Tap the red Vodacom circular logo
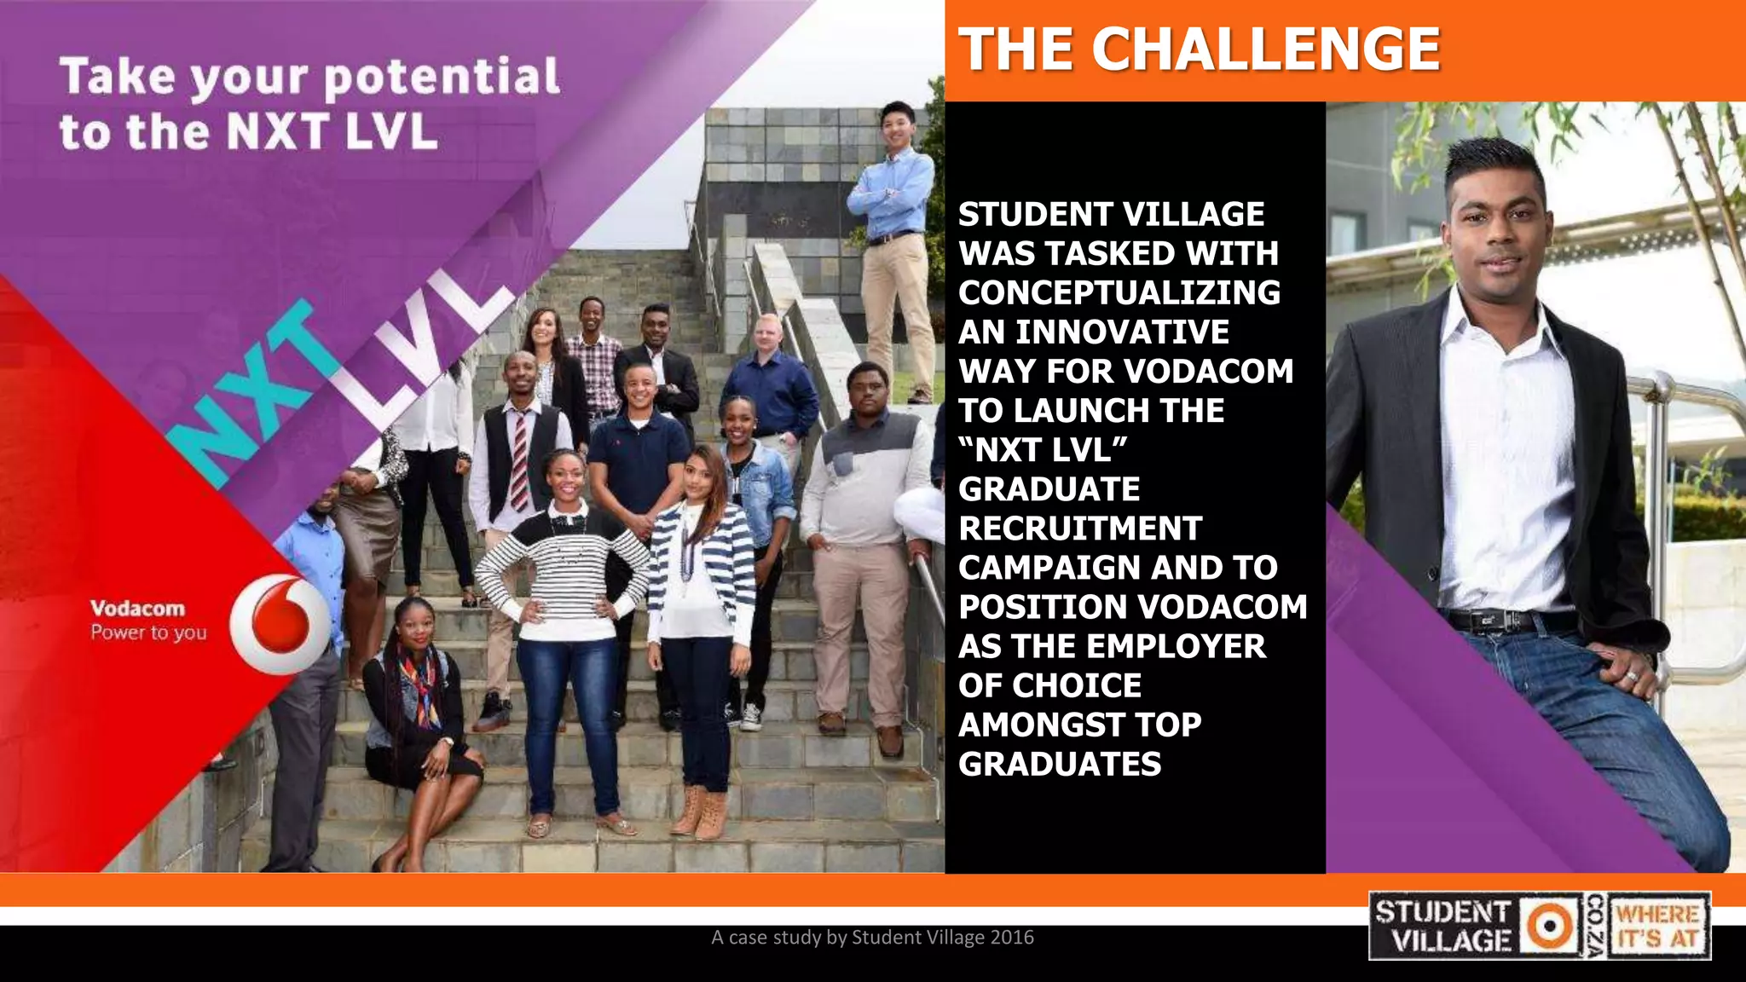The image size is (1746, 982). pos(280,623)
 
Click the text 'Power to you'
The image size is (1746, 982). pos(148,633)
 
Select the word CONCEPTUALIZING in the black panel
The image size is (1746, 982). pos(1119,292)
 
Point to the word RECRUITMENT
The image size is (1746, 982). pos(1079,529)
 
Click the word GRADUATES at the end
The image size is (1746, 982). pos(1060,764)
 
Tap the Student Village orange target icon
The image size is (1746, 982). pos(1549,926)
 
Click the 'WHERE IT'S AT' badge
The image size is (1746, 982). pos(1659,927)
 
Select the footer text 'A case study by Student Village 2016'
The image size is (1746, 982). pos(872,938)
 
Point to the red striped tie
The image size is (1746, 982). pos(518,460)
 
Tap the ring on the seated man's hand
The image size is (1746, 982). pos(1632,676)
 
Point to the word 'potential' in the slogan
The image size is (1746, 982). pos(442,77)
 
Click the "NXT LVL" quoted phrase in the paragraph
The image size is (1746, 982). pos(1043,449)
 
